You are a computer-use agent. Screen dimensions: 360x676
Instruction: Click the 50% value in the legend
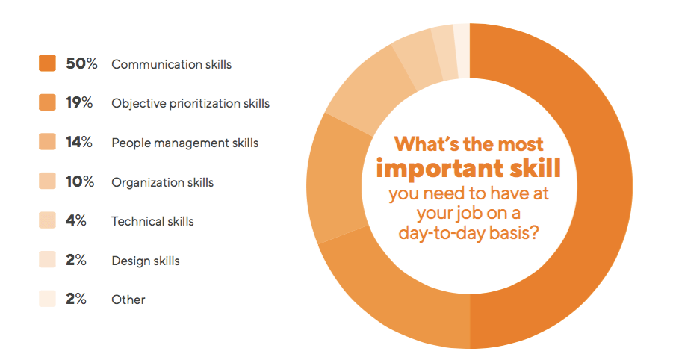[82, 64]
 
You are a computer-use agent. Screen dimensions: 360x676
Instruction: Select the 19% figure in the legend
[79, 103]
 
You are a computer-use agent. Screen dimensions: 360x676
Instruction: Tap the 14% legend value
[79, 143]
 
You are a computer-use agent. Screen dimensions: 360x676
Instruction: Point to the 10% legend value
[81, 181]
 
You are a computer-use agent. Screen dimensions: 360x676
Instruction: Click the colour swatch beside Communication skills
[47, 63]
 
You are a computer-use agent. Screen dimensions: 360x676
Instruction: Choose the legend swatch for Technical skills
[47, 220]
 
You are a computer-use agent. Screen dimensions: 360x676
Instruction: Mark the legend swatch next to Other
[47, 299]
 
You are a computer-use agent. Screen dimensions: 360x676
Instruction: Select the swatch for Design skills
[47, 260]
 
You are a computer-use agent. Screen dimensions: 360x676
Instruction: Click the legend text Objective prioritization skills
[190, 103]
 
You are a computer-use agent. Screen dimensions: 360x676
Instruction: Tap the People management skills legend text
[184, 143]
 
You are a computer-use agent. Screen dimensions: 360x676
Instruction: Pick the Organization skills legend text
[162, 182]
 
